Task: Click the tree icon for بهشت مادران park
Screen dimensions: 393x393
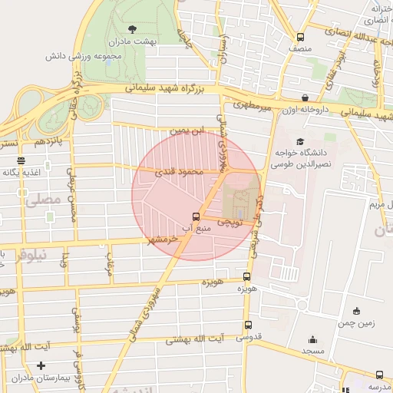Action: [x=132, y=28]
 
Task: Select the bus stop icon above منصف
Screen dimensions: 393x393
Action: [x=300, y=36]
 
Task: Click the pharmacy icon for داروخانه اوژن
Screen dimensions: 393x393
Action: [x=305, y=98]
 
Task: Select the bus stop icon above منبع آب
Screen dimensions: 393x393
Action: [x=196, y=216]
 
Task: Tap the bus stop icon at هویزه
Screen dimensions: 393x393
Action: [x=246, y=277]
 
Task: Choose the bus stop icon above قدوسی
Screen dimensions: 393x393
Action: [x=247, y=325]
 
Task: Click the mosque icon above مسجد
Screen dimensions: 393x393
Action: [x=312, y=339]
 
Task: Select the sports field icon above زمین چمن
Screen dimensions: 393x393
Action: [x=356, y=311]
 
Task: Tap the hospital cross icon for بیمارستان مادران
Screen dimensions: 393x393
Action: [x=41, y=366]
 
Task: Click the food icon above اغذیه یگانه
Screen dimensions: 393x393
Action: [x=21, y=161]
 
